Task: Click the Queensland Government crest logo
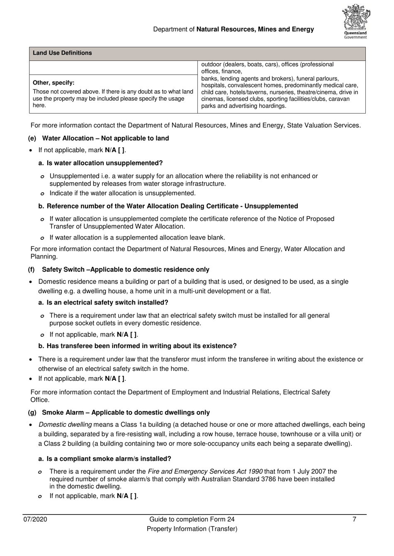(356, 22)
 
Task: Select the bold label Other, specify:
(54, 82)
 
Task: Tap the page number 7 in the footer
(354, 520)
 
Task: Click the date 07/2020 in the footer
(35, 520)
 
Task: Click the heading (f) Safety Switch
(119, 270)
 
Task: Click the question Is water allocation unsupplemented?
(105, 163)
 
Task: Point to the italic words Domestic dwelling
(65, 425)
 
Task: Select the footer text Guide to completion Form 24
(192, 520)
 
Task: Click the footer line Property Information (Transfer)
(192, 529)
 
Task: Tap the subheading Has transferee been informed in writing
(141, 346)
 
